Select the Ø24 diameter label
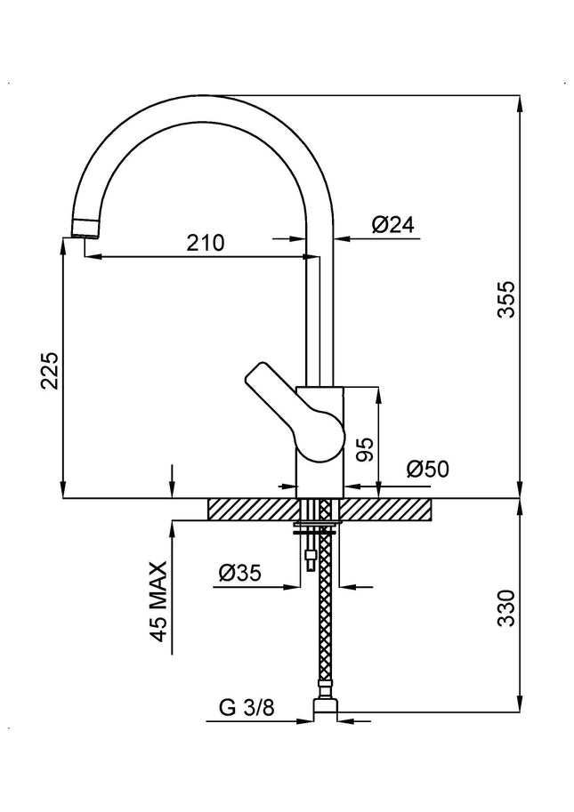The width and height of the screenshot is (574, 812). [393, 226]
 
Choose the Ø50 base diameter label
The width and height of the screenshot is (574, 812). [428, 469]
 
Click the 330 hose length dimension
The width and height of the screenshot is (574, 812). [505, 608]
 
